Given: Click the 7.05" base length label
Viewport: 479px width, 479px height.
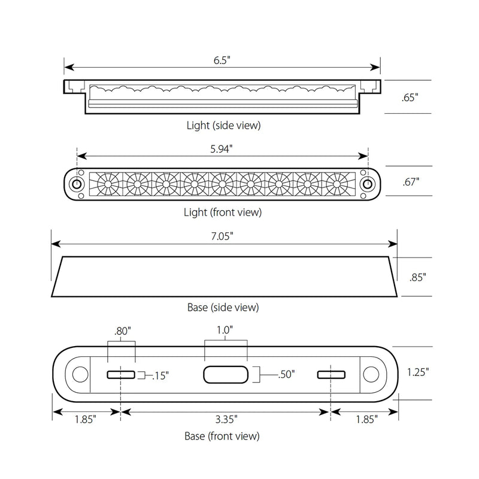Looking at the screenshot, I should [223, 236].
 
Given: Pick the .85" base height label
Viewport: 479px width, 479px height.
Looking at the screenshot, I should [417, 277].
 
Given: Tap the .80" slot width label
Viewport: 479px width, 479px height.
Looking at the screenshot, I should [122, 331].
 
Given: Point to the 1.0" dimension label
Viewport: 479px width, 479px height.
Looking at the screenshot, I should [226, 329].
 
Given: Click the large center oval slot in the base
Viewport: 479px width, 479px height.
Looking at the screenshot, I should [226, 375].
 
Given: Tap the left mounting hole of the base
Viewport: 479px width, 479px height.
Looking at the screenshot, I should [79, 375].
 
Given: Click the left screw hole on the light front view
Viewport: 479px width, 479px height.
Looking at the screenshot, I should [77, 183].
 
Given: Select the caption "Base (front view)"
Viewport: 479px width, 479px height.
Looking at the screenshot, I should [223, 436].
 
